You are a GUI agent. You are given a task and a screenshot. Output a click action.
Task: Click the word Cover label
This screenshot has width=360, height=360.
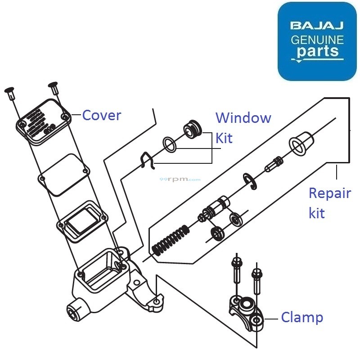click(102, 116)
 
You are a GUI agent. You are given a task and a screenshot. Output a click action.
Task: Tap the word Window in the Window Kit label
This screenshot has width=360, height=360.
click(243, 118)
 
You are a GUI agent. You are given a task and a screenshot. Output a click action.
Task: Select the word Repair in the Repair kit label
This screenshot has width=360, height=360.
click(329, 194)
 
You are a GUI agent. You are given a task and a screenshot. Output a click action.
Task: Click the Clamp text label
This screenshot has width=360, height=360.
click(302, 318)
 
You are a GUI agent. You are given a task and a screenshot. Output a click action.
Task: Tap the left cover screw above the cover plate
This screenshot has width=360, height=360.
click(9, 93)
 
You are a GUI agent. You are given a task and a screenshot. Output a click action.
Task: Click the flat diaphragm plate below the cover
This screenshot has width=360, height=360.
click(63, 175)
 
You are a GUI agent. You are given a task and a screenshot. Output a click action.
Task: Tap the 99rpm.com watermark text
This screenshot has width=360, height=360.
click(180, 179)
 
